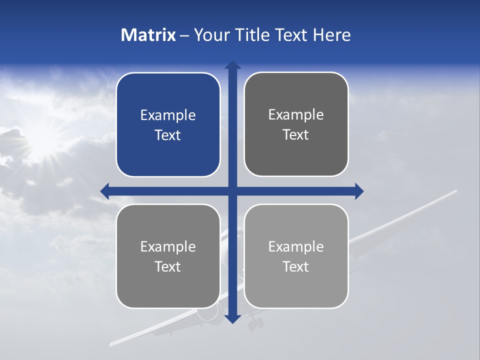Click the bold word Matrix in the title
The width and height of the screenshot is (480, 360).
click(148, 35)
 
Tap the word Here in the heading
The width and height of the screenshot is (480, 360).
click(332, 35)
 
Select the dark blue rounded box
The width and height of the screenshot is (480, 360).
click(168, 124)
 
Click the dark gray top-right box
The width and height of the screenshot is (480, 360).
click(296, 124)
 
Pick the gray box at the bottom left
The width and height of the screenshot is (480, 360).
click(168, 256)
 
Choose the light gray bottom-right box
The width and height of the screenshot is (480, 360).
click(296, 256)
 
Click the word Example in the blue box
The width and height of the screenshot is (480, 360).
click(168, 115)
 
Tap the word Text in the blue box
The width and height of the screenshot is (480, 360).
click(168, 135)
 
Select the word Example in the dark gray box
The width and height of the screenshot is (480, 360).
click(296, 115)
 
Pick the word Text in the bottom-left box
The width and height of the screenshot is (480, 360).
click(168, 266)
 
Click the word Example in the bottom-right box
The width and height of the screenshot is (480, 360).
click(296, 246)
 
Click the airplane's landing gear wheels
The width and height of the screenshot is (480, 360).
click(255, 324)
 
